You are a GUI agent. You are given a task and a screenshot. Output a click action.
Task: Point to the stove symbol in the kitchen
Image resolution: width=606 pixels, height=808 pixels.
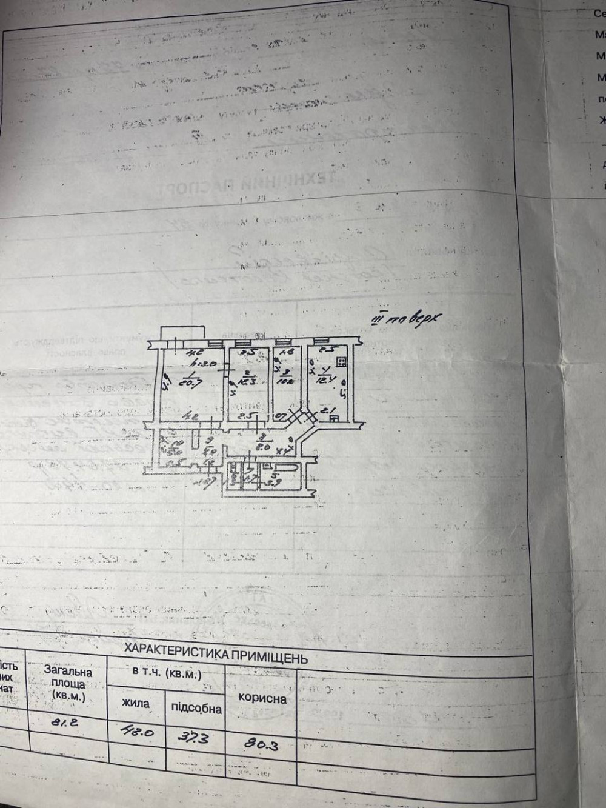[x=341, y=363]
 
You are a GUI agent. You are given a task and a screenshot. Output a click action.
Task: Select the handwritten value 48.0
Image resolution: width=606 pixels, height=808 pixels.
[x=138, y=732]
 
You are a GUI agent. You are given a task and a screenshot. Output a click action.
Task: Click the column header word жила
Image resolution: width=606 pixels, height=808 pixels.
[x=136, y=704]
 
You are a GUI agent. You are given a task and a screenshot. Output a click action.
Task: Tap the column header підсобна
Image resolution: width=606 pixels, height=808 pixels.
[x=196, y=707]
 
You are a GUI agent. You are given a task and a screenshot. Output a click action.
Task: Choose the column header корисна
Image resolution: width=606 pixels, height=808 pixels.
[x=262, y=698]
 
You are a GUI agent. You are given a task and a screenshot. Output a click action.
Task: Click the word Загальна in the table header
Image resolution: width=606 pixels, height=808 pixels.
[x=68, y=671]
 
